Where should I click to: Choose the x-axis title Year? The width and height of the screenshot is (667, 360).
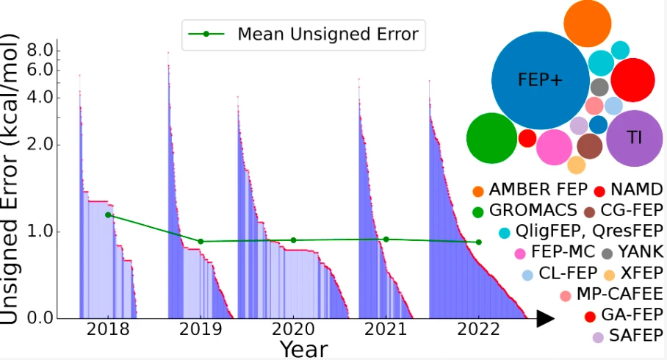[303, 348]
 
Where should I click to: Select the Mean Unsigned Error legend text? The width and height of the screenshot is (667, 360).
[328, 34]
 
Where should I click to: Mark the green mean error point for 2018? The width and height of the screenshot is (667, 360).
[109, 215]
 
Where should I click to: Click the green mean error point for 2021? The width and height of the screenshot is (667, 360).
[386, 239]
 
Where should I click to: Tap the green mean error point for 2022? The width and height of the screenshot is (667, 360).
[478, 242]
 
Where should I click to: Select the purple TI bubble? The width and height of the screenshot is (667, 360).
[634, 137]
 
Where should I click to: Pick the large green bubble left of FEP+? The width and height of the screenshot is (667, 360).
[491, 138]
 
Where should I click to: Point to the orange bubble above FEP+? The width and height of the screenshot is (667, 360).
[588, 24]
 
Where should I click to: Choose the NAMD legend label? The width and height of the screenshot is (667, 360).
[635, 190]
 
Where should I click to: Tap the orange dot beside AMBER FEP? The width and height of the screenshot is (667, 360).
[478, 192]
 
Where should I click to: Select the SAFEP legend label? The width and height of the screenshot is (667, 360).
[635, 337]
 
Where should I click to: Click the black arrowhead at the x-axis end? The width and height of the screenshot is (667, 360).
[545, 318]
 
